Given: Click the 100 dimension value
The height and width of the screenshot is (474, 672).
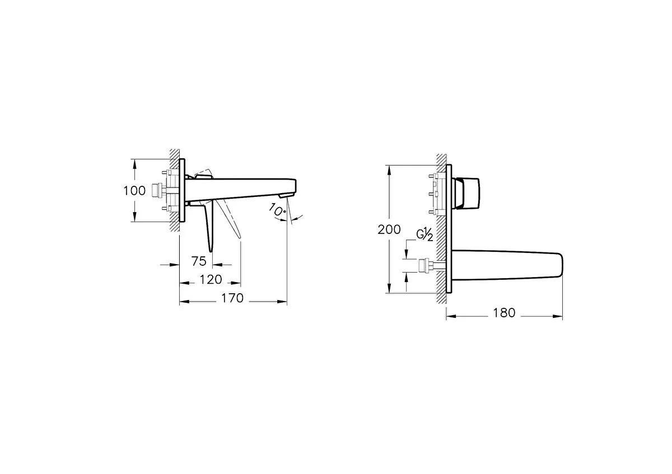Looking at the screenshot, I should [134, 190].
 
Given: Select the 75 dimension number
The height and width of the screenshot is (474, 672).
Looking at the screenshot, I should [199, 261].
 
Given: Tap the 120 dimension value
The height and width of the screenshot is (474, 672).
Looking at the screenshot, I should [210, 279].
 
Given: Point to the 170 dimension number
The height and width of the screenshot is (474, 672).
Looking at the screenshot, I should [232, 298].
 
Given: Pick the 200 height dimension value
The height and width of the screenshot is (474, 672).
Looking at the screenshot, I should [389, 229].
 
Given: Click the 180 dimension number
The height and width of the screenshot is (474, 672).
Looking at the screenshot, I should [504, 313].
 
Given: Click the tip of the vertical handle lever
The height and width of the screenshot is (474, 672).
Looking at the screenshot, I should [211, 248].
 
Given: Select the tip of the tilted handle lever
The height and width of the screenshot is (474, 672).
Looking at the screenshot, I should [239, 236].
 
